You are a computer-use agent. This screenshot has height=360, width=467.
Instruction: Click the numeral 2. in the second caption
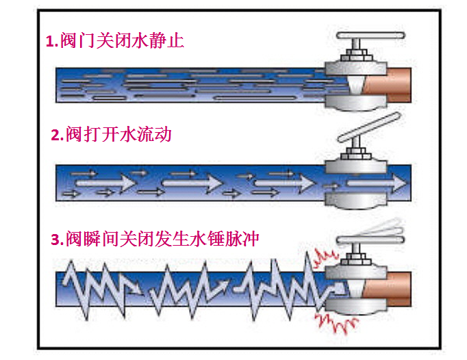[58, 134]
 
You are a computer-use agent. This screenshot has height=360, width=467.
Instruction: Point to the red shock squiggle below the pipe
[336, 318]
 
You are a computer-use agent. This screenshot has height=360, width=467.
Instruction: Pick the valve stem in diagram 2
[355, 152]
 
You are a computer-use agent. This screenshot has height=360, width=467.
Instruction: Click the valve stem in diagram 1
[355, 52]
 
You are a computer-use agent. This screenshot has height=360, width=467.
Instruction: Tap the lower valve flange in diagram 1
[356, 103]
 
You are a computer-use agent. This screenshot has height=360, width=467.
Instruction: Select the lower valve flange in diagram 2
[356, 201]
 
